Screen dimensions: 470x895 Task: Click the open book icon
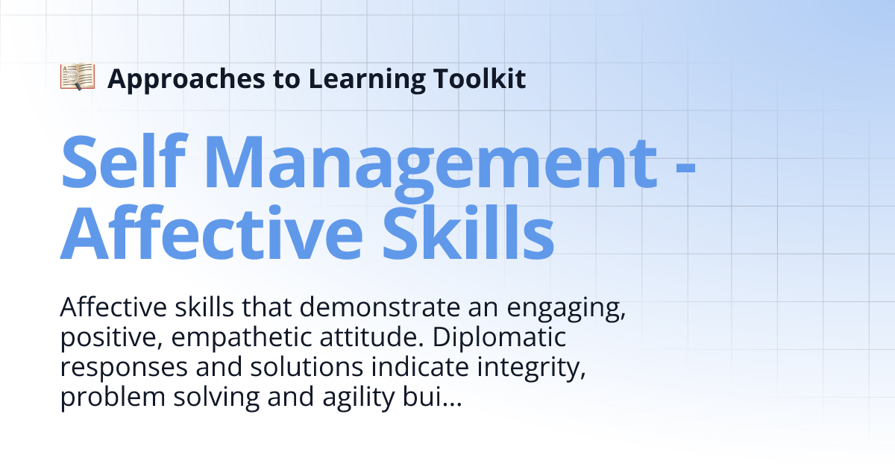pyautogui.click(x=78, y=78)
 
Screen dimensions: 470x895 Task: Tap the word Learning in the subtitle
pyautogui.click(x=354, y=78)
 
